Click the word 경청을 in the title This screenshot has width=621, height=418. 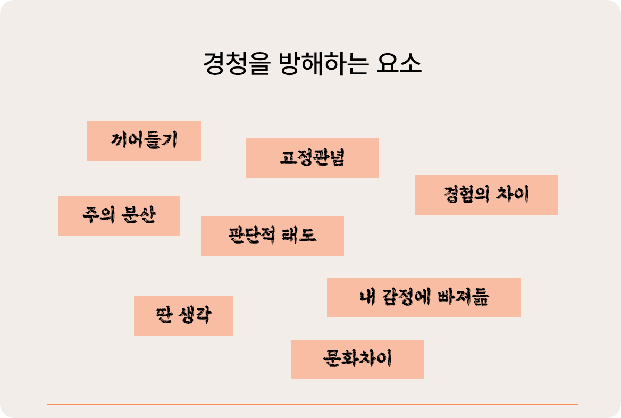pos(229,64)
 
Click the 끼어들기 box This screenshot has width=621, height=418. pos(144,140)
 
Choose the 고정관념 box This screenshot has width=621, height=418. pos(312,158)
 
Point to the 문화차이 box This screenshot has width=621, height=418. pos(357,359)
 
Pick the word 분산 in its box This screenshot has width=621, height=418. pos(139,215)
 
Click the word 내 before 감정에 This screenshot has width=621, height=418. pos(367,297)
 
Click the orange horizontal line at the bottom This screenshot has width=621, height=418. pos(312,404)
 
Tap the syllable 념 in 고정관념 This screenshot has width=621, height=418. pos(337,158)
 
